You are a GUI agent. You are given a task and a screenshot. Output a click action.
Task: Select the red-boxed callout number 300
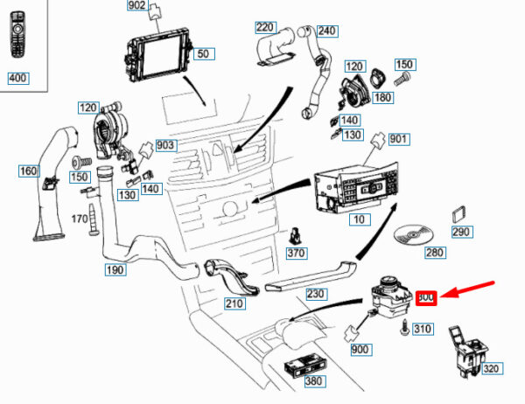point(427,298)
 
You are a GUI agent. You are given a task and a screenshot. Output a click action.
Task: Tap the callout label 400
point(18,79)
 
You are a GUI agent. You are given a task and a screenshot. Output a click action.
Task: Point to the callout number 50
point(204,54)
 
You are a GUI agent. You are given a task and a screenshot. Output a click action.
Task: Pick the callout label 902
point(137,6)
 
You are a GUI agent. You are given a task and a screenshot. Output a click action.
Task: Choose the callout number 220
point(265,27)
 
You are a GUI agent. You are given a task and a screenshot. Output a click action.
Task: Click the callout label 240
point(326,31)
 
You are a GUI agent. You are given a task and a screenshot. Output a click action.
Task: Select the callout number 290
point(460,232)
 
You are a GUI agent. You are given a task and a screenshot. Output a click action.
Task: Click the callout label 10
point(358,219)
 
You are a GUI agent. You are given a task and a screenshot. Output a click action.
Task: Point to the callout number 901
point(399,139)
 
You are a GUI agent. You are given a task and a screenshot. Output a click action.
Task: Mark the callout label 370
point(297,253)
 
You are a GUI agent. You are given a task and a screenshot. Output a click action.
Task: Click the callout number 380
point(312,381)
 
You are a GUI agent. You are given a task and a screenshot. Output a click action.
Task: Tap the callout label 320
point(491,369)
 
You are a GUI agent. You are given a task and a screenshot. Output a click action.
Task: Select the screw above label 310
point(403,327)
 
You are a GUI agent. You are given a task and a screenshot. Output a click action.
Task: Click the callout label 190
point(115,270)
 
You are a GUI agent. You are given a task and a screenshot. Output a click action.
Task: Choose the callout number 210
point(234,303)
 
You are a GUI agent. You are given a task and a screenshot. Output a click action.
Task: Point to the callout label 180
point(383,97)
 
